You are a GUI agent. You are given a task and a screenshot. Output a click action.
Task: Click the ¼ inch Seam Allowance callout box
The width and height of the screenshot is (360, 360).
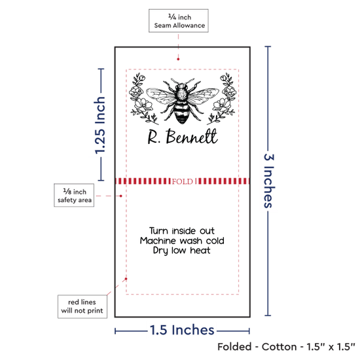point(179,21)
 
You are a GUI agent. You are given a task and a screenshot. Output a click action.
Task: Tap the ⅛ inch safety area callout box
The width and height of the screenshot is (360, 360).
point(74,195)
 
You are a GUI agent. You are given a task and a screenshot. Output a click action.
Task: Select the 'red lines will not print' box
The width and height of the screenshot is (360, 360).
point(82,306)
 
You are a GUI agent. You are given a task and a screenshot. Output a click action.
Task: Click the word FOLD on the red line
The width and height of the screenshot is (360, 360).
point(183,181)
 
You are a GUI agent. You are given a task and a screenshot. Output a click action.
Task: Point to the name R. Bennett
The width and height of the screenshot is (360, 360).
point(183,137)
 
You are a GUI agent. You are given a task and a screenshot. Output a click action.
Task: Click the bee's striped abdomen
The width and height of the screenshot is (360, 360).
point(183,113)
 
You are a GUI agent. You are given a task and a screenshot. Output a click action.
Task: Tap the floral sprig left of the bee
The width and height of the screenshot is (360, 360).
point(141,99)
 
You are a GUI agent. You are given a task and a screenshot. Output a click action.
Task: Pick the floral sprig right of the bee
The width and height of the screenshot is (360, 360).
point(222,99)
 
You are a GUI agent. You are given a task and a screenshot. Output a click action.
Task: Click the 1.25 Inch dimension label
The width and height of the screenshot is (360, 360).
point(100,125)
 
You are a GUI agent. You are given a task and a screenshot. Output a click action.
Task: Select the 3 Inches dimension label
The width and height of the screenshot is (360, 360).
point(269,181)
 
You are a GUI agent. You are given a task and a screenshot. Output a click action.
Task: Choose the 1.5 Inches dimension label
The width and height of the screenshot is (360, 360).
point(182,330)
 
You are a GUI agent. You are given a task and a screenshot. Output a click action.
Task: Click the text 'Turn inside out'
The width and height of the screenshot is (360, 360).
point(182,230)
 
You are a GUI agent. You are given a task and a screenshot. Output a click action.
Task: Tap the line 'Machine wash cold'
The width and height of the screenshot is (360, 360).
point(182,241)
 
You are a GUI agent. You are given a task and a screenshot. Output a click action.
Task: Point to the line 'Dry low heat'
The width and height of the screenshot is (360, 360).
point(181,251)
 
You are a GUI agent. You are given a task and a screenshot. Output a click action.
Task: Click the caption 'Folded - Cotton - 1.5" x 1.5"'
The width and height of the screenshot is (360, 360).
point(286,347)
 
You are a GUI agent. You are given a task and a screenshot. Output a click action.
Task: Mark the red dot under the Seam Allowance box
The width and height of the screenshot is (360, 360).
point(178,59)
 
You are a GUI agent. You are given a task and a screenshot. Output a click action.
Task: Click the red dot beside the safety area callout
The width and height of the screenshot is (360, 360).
point(121,196)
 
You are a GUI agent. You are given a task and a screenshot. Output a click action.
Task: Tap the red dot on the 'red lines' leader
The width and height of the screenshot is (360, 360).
point(126,279)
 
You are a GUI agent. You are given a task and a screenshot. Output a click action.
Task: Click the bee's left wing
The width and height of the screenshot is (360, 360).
point(161,96)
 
